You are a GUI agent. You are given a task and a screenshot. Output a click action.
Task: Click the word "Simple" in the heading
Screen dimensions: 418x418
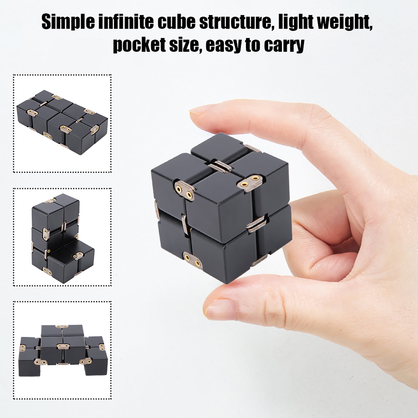68,22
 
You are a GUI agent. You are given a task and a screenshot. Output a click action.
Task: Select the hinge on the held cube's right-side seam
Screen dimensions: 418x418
257,226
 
